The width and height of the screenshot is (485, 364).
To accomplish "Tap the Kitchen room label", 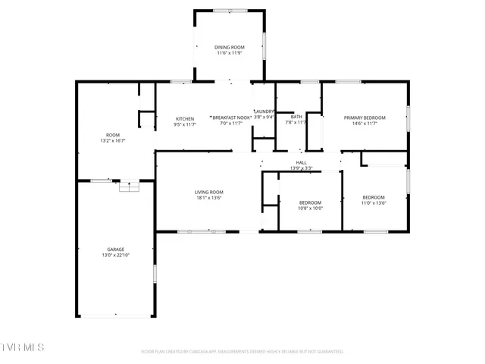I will point(185,118).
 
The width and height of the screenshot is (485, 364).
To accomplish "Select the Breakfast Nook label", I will point(230,118).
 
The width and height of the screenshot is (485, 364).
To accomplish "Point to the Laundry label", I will point(264,111).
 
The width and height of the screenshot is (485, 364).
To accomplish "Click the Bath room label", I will point(296,116).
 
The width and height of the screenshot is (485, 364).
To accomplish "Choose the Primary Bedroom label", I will point(365,118).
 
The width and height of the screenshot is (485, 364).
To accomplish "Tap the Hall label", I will point(301,162).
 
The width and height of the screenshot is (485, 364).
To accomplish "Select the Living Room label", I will point(209,192).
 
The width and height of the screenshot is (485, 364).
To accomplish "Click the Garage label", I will point(115,249).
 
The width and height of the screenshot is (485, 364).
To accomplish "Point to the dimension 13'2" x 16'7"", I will point(112,140).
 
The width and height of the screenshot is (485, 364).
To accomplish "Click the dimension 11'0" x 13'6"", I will point(373,203).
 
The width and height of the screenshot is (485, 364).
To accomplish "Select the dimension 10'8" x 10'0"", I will point(311,208).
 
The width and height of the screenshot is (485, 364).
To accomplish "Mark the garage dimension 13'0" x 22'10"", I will point(115,255).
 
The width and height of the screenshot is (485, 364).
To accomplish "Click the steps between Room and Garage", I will point(129,186).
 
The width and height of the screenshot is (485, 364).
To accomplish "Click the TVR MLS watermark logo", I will point(23,347).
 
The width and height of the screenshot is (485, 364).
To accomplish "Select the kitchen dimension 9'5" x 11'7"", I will point(185,124).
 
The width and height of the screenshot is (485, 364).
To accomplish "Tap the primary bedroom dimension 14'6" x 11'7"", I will point(365,124).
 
